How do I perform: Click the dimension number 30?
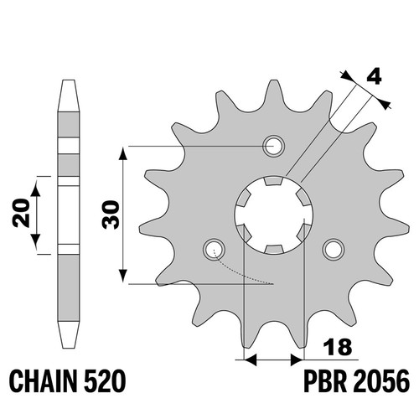click(111, 215)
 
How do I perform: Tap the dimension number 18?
click(337, 347)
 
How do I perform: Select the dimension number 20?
click(21, 213)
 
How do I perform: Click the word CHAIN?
click(44, 381)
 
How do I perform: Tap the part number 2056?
click(382, 381)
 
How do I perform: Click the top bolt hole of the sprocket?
click(273, 146)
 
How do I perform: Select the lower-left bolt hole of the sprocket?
click(214, 249)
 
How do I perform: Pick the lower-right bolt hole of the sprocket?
click(334, 249)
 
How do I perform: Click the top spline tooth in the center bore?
click(273, 180)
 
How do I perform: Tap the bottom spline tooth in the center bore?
click(273, 249)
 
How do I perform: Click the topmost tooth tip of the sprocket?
click(273, 81)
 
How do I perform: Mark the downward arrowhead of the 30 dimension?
click(123, 276)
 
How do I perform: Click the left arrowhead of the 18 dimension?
click(250, 360)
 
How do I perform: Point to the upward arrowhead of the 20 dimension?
click(35, 189)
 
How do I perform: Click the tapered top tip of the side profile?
click(68, 81)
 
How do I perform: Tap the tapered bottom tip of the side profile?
click(68, 346)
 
